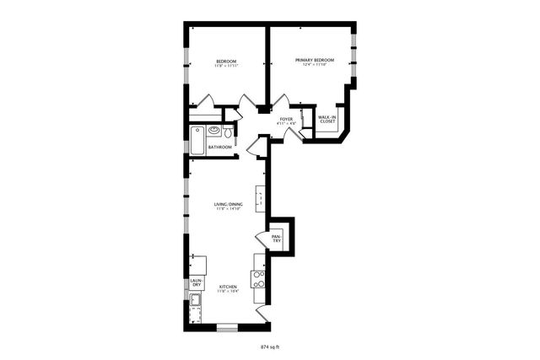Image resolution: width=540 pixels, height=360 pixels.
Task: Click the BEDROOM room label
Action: point(225,61)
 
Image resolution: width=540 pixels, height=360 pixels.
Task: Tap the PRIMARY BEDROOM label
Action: point(315,60)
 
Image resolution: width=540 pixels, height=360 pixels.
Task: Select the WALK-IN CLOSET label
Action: point(327,119)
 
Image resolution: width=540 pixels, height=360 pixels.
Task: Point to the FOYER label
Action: point(287,120)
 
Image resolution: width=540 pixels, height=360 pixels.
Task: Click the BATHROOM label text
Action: point(220,147)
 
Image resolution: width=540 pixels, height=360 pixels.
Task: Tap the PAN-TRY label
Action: point(276,238)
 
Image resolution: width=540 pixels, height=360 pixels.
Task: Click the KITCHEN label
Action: point(228,287)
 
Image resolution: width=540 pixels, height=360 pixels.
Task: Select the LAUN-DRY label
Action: point(196,282)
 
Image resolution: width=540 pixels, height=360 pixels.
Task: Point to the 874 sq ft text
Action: point(269,347)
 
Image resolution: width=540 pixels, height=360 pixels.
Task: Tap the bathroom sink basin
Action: point(214,131)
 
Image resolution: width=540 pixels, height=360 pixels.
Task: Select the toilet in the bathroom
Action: point(228,132)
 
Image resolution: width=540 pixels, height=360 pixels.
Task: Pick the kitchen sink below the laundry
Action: point(196,299)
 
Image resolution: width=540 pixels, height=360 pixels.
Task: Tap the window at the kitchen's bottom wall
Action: point(228,326)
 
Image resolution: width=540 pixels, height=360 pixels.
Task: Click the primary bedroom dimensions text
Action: point(315,65)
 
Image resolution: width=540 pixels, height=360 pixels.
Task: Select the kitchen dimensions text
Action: point(228,292)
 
